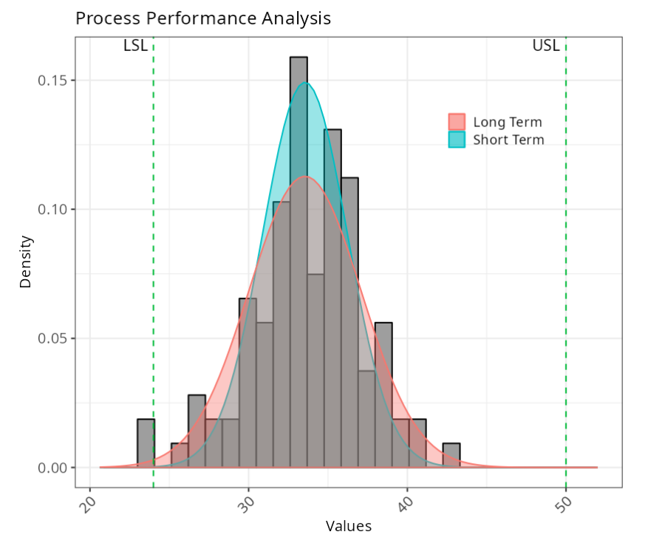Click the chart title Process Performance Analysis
203,18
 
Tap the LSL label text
135,47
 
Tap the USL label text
546,47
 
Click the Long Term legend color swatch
457,122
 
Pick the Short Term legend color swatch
457,140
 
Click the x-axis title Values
349,527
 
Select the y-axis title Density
26,261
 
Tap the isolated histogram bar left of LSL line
146,443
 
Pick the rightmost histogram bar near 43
451,455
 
